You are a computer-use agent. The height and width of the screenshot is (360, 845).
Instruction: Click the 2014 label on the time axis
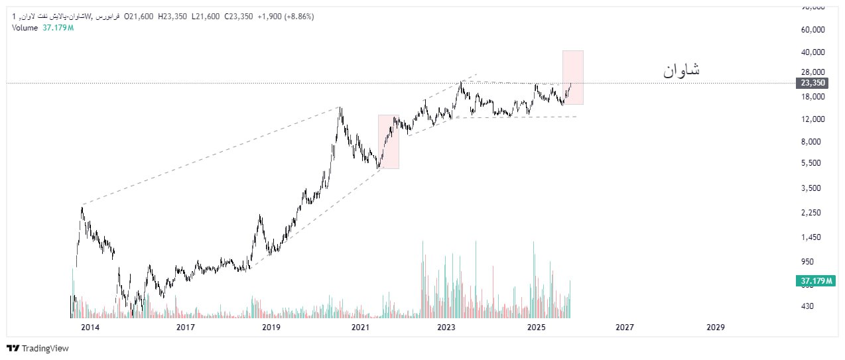click(90, 328)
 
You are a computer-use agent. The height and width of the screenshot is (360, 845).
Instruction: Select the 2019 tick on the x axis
click(271, 328)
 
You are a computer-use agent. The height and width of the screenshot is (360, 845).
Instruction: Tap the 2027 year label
click(624, 328)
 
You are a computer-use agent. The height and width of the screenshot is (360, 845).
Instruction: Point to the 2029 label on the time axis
click(715, 328)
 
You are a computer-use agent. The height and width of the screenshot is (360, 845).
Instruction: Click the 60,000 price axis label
click(812, 30)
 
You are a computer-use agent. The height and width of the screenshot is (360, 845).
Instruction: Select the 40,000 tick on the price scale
click(812, 52)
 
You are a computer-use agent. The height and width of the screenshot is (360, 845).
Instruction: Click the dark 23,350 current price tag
click(812, 83)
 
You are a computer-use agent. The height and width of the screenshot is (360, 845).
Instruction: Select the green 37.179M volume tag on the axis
click(812, 281)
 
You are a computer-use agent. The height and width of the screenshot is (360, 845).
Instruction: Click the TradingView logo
click(38, 348)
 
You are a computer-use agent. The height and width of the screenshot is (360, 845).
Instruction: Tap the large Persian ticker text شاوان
click(681, 70)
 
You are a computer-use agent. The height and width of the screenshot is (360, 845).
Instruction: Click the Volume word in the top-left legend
click(25, 27)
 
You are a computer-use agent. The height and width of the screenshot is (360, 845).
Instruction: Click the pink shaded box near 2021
click(389, 142)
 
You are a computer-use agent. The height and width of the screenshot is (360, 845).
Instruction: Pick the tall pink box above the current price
click(573, 77)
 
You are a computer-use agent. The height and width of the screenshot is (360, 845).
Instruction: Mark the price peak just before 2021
click(340, 108)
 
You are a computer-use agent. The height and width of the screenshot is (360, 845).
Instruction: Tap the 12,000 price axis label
click(812, 119)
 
